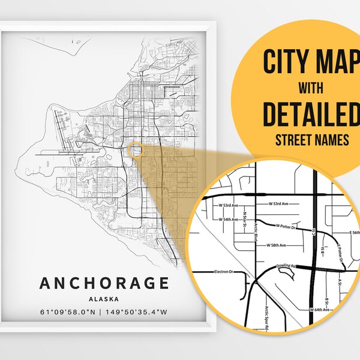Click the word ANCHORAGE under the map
pos(105,283)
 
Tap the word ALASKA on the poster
pos(105,298)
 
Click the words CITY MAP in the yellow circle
pos(305,62)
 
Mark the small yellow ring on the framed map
pos(134,149)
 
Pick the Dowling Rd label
pos(288,263)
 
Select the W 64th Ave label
pos(320,310)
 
